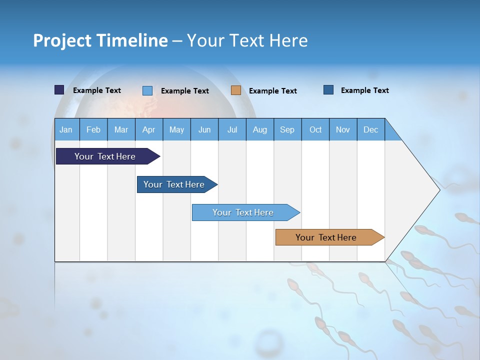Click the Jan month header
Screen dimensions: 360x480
click(66, 130)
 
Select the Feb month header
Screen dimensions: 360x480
click(93, 130)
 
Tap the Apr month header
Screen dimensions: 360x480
click(148, 130)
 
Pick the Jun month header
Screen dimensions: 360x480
click(204, 130)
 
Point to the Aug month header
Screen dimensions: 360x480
click(259, 130)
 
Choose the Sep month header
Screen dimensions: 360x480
click(287, 130)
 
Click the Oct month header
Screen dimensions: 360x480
click(315, 130)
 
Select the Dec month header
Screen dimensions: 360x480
click(370, 130)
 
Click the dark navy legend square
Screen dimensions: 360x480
click(59, 90)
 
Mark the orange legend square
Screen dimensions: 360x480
click(236, 90)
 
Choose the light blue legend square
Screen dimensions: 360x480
click(147, 90)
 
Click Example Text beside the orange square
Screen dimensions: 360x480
click(272, 91)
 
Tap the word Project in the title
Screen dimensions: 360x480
click(62, 41)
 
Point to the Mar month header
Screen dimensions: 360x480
click(121, 130)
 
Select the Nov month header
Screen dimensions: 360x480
click(343, 130)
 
